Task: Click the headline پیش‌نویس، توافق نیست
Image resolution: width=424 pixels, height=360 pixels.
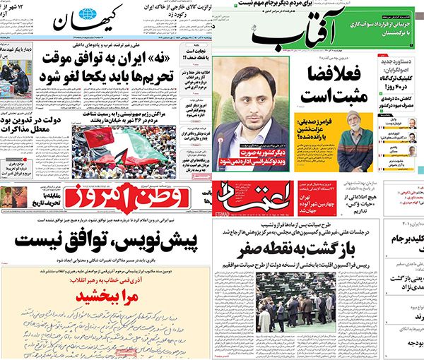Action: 105,244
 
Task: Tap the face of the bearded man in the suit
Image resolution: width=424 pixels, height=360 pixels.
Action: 250,92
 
